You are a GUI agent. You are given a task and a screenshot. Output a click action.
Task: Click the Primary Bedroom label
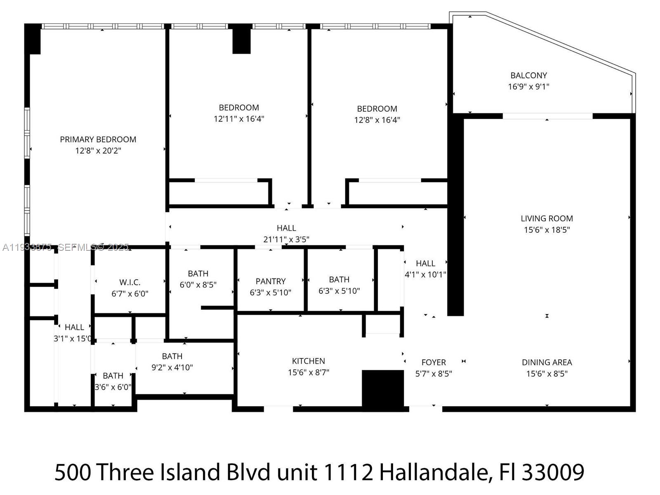(x=98, y=139)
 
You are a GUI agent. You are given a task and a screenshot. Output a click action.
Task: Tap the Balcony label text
(x=528, y=75)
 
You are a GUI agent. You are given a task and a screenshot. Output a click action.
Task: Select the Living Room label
(x=547, y=219)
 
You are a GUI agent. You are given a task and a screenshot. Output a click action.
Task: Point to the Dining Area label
(x=547, y=363)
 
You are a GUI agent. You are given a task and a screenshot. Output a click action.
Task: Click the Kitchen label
(x=309, y=361)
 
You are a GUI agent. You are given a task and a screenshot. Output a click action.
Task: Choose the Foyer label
(x=434, y=363)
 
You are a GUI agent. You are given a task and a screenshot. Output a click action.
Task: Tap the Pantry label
(x=271, y=281)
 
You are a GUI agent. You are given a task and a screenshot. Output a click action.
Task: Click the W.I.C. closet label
(x=130, y=283)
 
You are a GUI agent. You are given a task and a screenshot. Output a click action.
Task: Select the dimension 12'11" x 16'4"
(x=239, y=119)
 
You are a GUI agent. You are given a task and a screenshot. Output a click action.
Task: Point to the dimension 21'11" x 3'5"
(x=286, y=239)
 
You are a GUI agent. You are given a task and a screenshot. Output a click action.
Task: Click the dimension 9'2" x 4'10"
(x=172, y=368)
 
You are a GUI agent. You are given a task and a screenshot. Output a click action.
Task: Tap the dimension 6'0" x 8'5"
(x=198, y=285)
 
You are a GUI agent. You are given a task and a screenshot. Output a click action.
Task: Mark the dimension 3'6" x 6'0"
(x=113, y=387)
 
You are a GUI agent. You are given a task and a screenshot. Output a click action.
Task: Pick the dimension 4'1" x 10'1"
(x=425, y=275)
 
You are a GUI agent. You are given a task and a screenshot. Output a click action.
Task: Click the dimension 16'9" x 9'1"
(x=528, y=87)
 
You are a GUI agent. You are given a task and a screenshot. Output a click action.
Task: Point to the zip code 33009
(x=553, y=472)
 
